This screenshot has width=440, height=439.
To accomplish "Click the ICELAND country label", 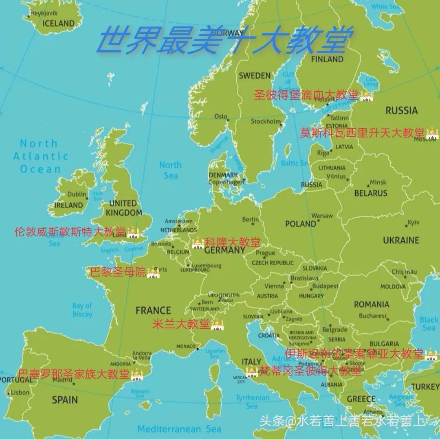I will coord(59,24).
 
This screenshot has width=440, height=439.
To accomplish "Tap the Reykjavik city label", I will coord(42,13).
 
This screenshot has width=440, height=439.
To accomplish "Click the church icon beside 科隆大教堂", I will coord(198,243).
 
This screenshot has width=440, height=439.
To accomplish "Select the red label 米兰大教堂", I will coord(181,324).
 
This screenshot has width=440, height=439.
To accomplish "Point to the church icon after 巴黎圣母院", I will coord(153,272).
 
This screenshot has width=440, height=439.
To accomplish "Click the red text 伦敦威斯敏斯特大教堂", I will coord(70,232).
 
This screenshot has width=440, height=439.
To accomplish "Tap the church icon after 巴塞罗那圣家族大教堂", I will coord(137,374).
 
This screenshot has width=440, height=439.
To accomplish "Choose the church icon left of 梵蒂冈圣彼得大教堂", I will coord(252,371).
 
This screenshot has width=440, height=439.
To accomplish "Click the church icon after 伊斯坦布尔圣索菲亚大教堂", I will coord(431,354).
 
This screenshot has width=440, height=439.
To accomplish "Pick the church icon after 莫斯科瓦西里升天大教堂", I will coord(432,133).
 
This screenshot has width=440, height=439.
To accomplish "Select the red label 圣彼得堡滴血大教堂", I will coord(306,95).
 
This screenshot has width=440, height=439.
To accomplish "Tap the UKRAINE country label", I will coord(401,240).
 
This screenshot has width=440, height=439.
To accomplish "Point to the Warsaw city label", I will coord(322,216).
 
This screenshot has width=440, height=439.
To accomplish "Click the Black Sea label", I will coord(429,324).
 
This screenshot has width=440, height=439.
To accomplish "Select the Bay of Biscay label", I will coord(82,310).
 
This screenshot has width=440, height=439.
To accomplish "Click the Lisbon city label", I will coord(20,393).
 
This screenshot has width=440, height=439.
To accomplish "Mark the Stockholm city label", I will coord(266,121).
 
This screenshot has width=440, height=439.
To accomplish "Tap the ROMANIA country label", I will coord(371,304).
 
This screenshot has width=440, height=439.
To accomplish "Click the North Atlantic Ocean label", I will coord(40,156).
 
